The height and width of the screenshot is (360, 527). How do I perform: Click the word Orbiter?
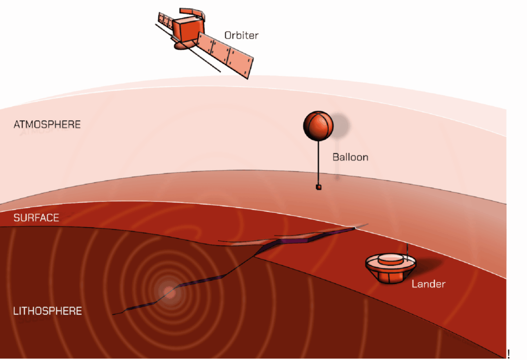coord(241,35)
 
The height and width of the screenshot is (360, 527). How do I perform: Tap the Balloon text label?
coord(350,157)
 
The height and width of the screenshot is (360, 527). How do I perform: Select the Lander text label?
coord(429,284)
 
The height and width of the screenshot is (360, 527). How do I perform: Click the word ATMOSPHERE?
coord(47,124)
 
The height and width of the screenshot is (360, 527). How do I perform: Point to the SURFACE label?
coord(37,218)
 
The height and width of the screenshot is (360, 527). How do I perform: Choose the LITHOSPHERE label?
coord(47,311)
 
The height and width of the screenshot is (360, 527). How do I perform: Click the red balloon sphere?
coord(318,125)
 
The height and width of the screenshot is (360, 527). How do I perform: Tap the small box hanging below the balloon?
coord(319,187)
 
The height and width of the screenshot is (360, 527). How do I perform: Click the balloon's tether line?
coord(318,163)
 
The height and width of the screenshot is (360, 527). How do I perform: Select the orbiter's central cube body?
coord(188,28)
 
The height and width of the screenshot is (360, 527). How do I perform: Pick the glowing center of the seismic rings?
coord(169,293)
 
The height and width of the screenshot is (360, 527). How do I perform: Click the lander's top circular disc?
coord(391,259)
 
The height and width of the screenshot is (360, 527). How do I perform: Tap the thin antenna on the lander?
coord(408,252)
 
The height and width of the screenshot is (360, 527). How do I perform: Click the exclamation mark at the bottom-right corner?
coord(509,354)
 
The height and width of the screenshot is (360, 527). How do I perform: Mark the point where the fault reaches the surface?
coord(355,228)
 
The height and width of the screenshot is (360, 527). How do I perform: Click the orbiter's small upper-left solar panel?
coord(165,21)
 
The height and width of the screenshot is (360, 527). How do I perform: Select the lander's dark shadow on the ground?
coord(425,266)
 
